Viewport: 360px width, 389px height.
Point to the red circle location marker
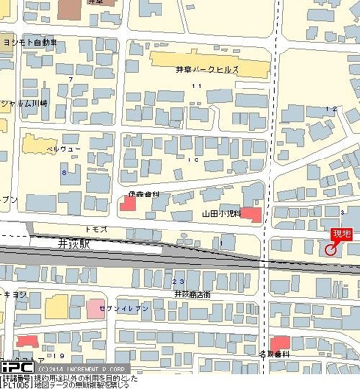[x=331, y=248]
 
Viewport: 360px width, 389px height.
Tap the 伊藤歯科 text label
[x=143, y=194]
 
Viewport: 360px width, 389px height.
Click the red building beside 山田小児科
[x=251, y=213]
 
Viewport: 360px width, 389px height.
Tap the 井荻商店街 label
[x=194, y=291]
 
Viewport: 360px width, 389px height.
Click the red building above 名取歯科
[x=280, y=342]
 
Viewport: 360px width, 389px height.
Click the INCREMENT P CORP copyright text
[x=89, y=369]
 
